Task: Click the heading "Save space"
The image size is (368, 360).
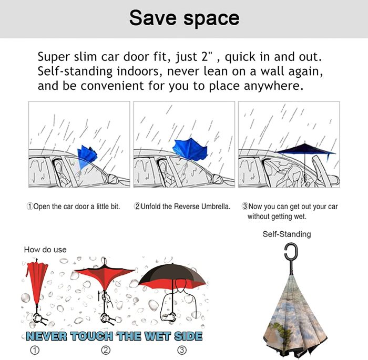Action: (184, 18)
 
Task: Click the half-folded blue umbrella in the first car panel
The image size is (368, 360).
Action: (87, 157)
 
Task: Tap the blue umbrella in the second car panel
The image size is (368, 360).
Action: (190, 149)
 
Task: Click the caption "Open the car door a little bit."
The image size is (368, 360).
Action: (74, 207)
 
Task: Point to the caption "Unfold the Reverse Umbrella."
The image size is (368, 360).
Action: (182, 207)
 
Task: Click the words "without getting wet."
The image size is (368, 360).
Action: (277, 216)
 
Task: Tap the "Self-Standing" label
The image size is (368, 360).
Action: (287, 234)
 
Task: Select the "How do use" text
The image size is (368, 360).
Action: (45, 250)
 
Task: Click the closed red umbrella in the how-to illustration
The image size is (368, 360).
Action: (36, 282)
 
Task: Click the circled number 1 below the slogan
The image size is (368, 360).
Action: (35, 350)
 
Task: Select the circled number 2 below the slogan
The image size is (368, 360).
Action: (106, 350)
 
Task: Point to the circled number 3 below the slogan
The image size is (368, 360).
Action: (182, 350)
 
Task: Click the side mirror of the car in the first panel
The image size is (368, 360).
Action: (111, 178)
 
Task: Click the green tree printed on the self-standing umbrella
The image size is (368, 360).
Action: (280, 331)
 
